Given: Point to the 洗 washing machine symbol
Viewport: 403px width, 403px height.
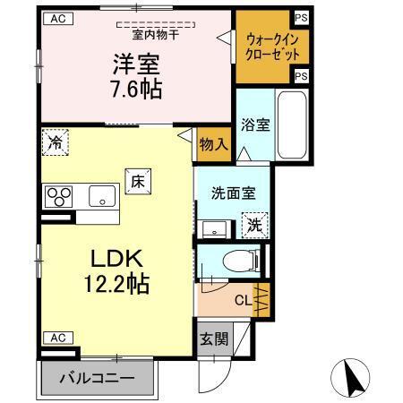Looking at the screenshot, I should (253, 223).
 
